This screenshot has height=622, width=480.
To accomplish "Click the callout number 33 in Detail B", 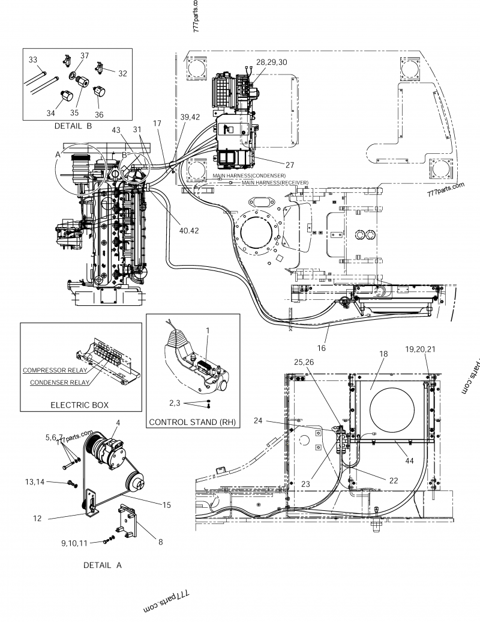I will tap(33, 59).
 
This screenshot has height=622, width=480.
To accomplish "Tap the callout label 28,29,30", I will tap(271, 62).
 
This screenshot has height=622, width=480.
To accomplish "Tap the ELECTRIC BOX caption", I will tap(80, 405).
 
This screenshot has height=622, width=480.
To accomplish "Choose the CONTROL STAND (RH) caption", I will tap(193, 422).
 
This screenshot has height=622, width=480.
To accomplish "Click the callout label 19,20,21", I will tap(421, 349).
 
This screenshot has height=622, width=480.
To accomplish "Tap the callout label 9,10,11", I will tap(74, 543).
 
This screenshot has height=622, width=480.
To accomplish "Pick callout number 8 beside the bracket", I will tap(160, 541).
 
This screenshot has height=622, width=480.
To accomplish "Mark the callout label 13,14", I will tap(34, 482).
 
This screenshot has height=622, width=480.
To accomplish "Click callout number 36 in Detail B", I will tap(99, 115).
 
